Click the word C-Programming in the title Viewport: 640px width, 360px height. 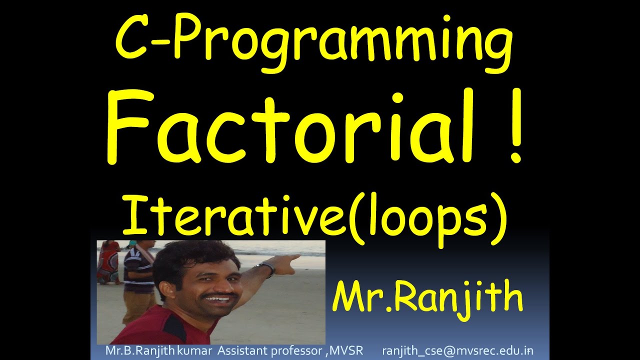[x=314, y=42]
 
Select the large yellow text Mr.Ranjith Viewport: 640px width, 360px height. [x=428, y=297]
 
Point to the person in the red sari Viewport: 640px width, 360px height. [x=108, y=262]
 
